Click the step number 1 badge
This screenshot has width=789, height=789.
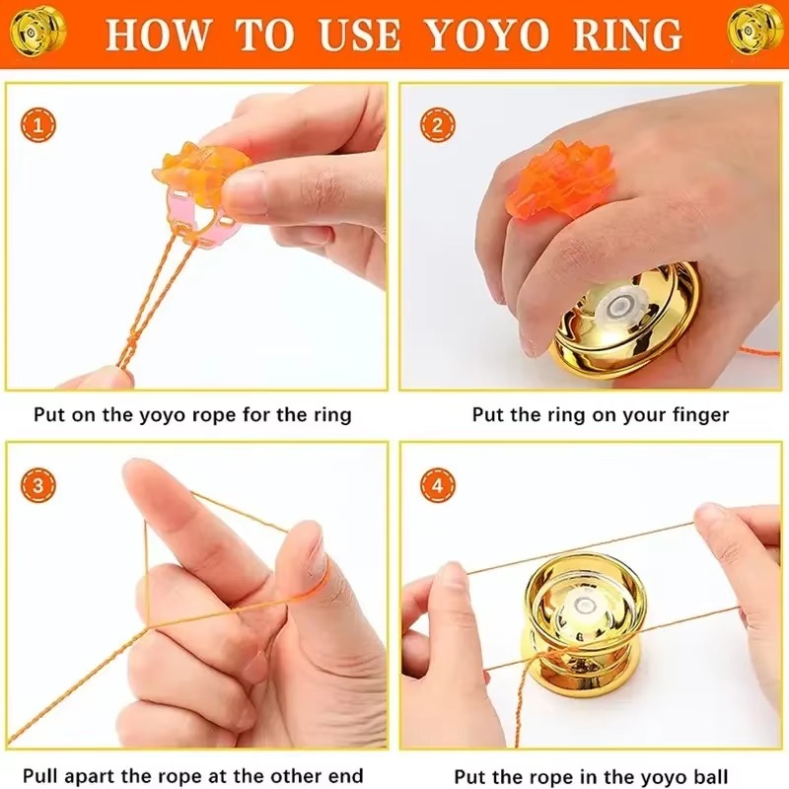tap(38, 124)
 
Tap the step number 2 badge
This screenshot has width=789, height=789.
tap(437, 124)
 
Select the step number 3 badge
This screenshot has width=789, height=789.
tap(38, 485)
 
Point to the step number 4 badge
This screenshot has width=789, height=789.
tap(437, 485)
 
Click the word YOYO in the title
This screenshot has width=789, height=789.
tap(487, 35)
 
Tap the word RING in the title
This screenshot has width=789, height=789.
tap(627, 35)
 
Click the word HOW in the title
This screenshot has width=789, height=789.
tap(157, 35)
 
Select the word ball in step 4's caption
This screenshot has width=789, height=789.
tap(708, 776)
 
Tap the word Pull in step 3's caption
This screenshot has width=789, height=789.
tap(42, 775)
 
